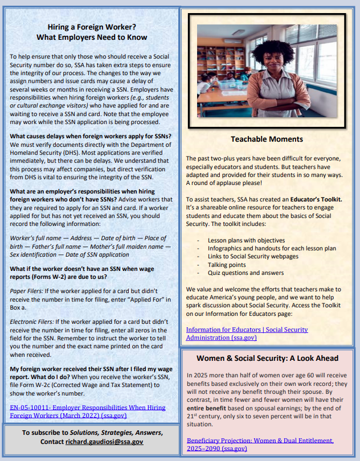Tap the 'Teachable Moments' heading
pyautogui.click(x=267, y=139)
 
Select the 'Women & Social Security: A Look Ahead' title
pyautogui.click(x=267, y=358)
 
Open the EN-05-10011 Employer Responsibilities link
pyautogui.click(x=88, y=411)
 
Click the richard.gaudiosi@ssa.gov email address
pyautogui.click(x=104, y=442)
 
